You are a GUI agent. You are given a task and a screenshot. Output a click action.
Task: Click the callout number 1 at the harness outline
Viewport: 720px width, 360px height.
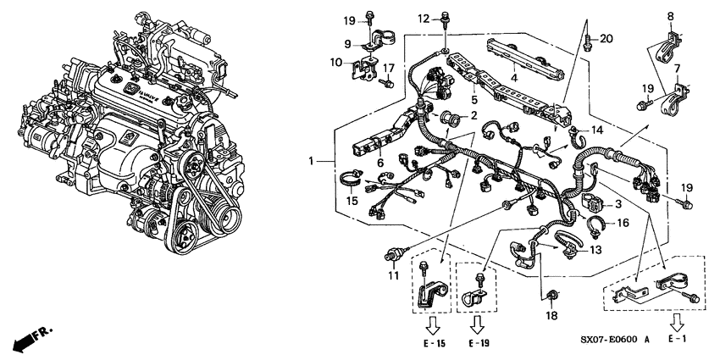(x=315, y=160)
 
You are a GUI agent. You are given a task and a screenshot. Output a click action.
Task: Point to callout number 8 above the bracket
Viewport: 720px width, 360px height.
(x=670, y=16)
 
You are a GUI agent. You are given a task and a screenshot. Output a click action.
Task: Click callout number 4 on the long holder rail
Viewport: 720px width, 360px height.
(x=512, y=76)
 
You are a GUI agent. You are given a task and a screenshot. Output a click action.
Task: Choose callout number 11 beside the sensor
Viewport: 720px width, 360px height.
(x=392, y=276)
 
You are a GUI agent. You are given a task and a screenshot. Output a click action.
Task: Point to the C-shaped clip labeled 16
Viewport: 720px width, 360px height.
(x=595, y=224)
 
